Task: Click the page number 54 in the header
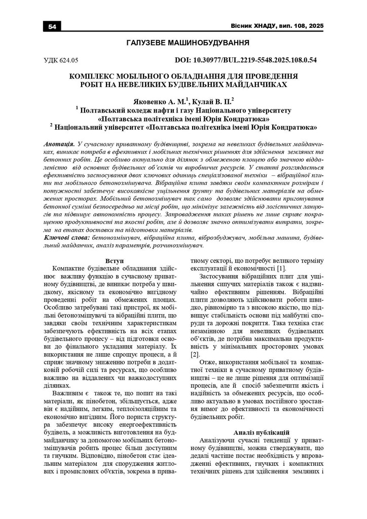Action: pos(52,26)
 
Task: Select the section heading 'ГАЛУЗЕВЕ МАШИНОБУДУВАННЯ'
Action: pos(183,43)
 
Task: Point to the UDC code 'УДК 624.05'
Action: pos(61,60)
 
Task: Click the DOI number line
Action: pos(246,60)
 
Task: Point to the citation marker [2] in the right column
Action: pos(195,354)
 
